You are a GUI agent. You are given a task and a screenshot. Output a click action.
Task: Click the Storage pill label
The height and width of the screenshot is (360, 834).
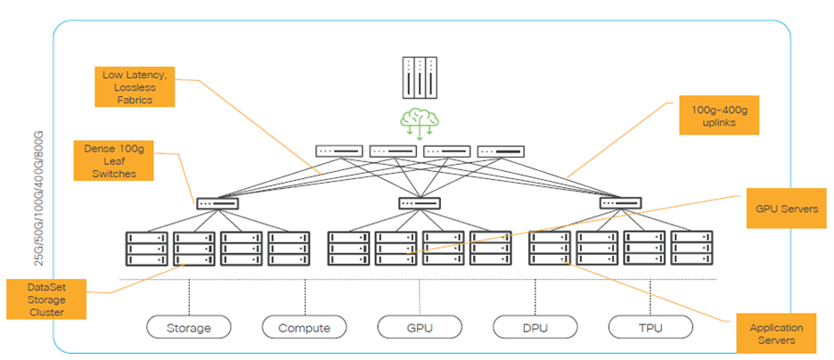[189, 327]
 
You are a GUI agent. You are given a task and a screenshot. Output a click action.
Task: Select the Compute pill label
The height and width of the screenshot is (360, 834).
[305, 327]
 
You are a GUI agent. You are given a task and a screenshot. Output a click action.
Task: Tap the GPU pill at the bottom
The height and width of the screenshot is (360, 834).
[420, 327]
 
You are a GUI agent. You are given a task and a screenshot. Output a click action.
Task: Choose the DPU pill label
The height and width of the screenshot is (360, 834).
[535, 327]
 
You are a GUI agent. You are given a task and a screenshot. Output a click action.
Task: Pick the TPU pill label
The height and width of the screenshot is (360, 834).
[650, 327]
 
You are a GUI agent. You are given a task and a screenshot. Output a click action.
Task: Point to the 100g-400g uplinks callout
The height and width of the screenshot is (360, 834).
[719, 114]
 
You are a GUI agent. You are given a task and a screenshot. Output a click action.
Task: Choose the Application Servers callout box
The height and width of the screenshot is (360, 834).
[776, 333]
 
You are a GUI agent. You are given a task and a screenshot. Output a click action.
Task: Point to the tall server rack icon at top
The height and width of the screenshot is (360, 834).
[421, 78]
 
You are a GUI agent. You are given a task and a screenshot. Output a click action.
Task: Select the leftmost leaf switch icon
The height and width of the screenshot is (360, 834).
[217, 203]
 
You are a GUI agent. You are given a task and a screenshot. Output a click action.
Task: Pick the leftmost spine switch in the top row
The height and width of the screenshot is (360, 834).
[339, 151]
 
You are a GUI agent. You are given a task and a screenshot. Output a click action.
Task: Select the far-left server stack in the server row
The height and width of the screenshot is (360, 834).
[147, 248]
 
